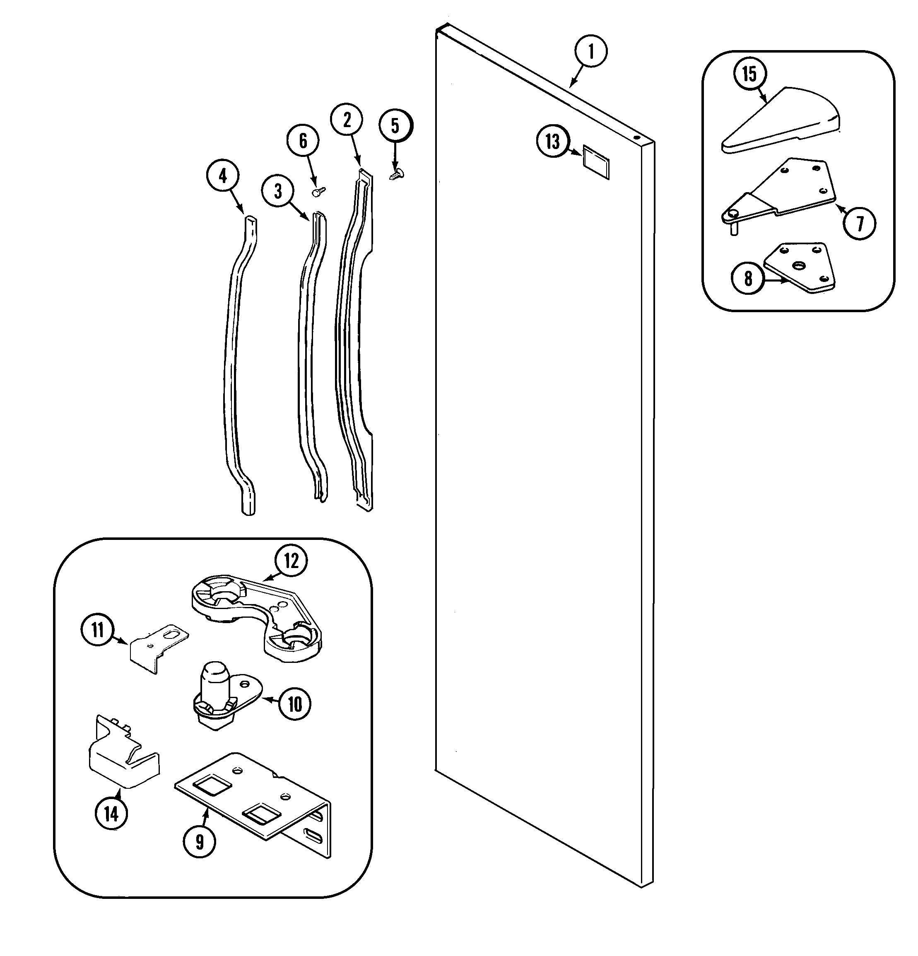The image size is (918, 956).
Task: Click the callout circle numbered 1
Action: click(x=591, y=51)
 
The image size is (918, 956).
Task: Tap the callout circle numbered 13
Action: click(x=553, y=142)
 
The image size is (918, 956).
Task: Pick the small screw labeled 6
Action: click(x=319, y=192)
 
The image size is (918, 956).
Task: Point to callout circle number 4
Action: click(x=223, y=176)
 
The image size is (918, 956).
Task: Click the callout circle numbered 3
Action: click(x=277, y=192)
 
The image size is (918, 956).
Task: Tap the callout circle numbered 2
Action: click(x=347, y=120)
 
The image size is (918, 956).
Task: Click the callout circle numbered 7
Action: click(x=860, y=224)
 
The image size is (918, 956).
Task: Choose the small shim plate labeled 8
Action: click(x=800, y=268)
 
